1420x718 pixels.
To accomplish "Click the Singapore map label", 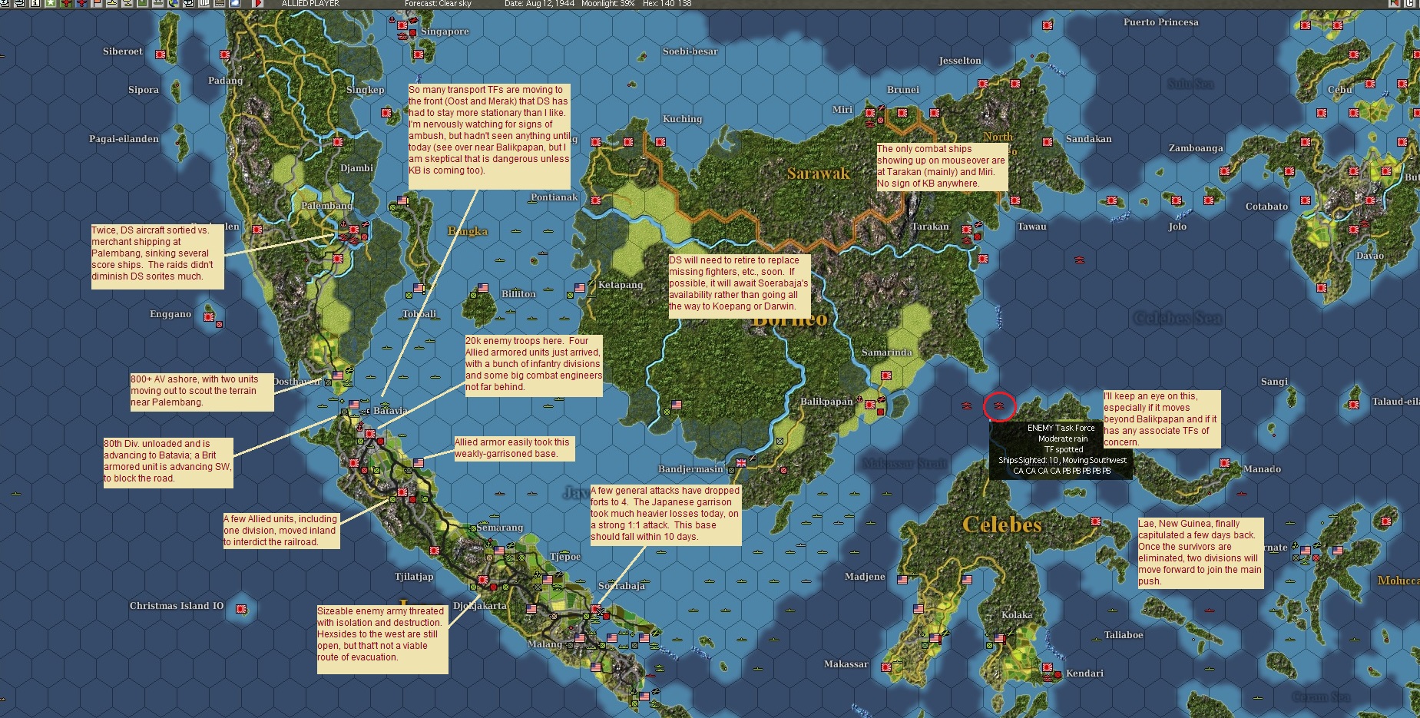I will pyautogui.click(x=445, y=31).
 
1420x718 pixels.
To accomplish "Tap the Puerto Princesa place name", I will pyautogui.click(x=1160, y=22).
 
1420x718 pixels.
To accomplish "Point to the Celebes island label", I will pyautogui.click(x=1001, y=525).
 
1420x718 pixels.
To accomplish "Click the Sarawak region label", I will pyautogui.click(x=818, y=174).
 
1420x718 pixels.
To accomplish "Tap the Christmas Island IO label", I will pyautogui.click(x=177, y=606).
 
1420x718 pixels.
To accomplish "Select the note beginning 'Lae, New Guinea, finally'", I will pyautogui.click(x=1200, y=552).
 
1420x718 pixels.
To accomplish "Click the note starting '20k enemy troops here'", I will pyautogui.click(x=533, y=364).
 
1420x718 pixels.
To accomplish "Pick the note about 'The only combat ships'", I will pyautogui.click(x=942, y=166).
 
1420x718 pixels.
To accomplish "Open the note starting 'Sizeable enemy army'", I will pyautogui.click(x=382, y=634).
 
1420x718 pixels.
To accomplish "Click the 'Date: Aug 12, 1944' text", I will pyautogui.click(x=539, y=4).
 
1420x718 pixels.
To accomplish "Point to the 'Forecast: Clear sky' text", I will pyautogui.click(x=438, y=4).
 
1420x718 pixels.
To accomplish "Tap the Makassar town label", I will pyautogui.click(x=846, y=664).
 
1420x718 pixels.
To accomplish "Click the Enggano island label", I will pyautogui.click(x=170, y=314).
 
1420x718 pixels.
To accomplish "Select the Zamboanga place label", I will pyautogui.click(x=1196, y=148).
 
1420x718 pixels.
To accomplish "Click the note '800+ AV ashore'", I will pyautogui.click(x=201, y=391).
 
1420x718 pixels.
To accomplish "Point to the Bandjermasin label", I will pyautogui.click(x=690, y=469).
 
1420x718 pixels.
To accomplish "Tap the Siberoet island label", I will pyautogui.click(x=123, y=51).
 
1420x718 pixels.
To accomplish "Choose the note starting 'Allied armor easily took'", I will pyautogui.click(x=512, y=448).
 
